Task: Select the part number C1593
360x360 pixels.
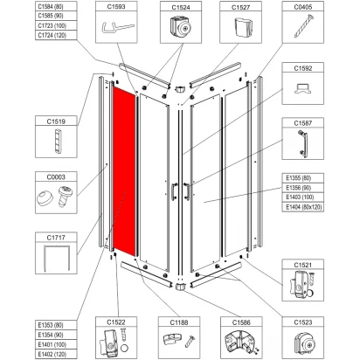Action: point(116,6)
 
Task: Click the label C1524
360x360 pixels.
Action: point(181,7)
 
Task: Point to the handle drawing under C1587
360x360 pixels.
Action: point(302,143)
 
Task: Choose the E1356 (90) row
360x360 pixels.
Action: point(299,188)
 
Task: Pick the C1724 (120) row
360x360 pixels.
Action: point(52,35)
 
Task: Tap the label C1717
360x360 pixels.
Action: point(56,238)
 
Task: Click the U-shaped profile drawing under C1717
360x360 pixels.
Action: point(56,258)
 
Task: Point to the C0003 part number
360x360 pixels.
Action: point(56,177)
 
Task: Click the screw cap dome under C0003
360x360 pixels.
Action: point(45,198)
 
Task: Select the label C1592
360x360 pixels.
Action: point(303,68)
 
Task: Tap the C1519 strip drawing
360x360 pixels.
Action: point(58,141)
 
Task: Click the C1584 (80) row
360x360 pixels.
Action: point(51,6)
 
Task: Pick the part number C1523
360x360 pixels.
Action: point(303,322)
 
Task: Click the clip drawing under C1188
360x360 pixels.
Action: point(172,340)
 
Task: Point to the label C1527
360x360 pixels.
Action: point(241,7)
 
